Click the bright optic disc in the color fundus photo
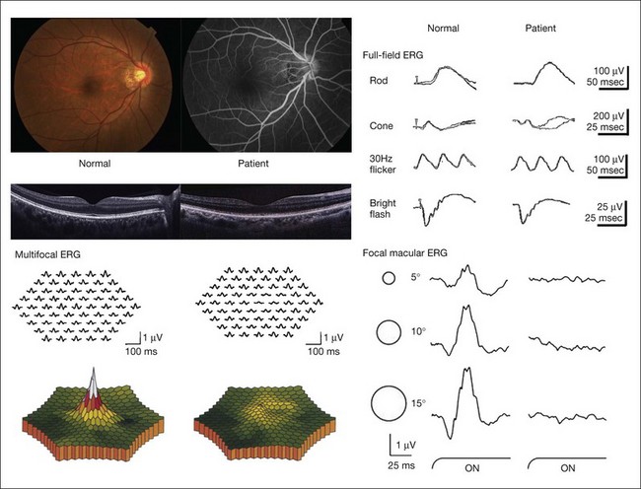tap(139, 74)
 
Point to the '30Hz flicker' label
tap(384, 165)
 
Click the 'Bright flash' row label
tap(383, 207)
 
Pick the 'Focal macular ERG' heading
tap(406, 253)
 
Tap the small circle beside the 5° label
tap(387, 279)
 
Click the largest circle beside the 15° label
tap(388, 403)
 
